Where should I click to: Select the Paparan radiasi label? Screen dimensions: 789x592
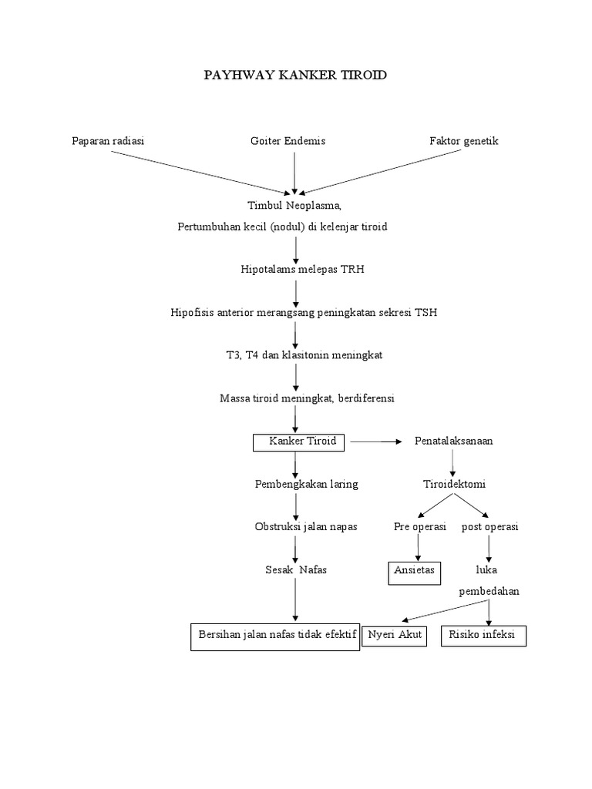click(x=108, y=141)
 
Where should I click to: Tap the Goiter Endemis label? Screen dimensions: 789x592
click(x=288, y=141)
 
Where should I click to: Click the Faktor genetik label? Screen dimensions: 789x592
click(x=464, y=141)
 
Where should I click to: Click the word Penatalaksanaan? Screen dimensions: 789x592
click(x=454, y=441)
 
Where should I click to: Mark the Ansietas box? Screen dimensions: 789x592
click(x=414, y=571)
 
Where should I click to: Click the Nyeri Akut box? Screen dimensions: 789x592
click(x=394, y=636)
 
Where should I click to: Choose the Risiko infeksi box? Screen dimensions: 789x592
click(x=483, y=636)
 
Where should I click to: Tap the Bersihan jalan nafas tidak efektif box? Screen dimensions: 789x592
click(x=275, y=636)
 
